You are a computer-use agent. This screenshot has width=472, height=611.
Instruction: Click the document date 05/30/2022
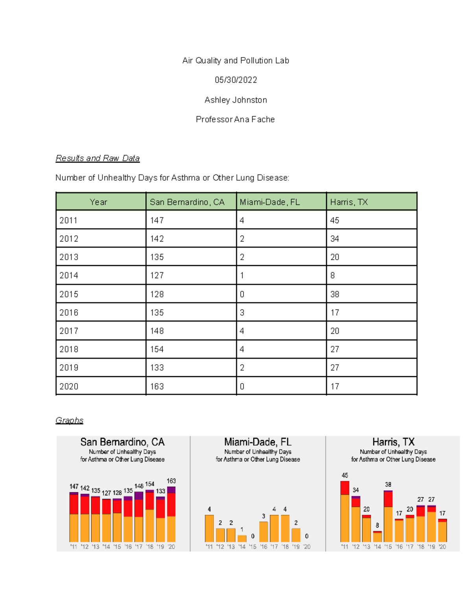[x=236, y=80]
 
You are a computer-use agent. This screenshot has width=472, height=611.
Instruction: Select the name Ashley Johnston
[x=236, y=100]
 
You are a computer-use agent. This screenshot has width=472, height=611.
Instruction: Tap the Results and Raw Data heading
[x=98, y=158]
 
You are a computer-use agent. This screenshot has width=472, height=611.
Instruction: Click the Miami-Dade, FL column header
[x=270, y=202]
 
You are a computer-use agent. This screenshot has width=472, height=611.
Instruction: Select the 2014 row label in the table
[x=69, y=275]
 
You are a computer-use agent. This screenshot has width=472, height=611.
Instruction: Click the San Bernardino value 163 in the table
[x=157, y=386]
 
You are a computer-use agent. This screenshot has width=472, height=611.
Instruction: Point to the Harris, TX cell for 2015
[x=335, y=294]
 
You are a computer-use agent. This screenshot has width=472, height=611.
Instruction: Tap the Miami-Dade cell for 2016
[x=242, y=312]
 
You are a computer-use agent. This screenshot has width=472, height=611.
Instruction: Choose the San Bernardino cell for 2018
[x=157, y=349]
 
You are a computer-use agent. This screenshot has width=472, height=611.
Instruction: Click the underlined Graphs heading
[x=69, y=420]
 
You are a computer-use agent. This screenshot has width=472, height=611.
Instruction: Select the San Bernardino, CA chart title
[x=122, y=442]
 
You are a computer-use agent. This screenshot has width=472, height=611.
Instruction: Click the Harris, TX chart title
[x=393, y=442]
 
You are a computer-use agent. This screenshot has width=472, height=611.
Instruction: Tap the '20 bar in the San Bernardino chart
[x=171, y=515]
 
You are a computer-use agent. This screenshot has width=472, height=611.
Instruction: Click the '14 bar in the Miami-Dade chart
[x=242, y=538]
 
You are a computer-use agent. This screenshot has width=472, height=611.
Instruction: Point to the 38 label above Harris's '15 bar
[x=388, y=484]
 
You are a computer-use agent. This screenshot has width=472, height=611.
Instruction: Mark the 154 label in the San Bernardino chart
[x=150, y=484]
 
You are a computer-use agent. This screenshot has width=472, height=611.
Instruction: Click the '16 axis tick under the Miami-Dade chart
[x=264, y=546]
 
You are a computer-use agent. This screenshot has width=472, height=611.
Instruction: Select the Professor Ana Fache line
[x=235, y=119]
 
